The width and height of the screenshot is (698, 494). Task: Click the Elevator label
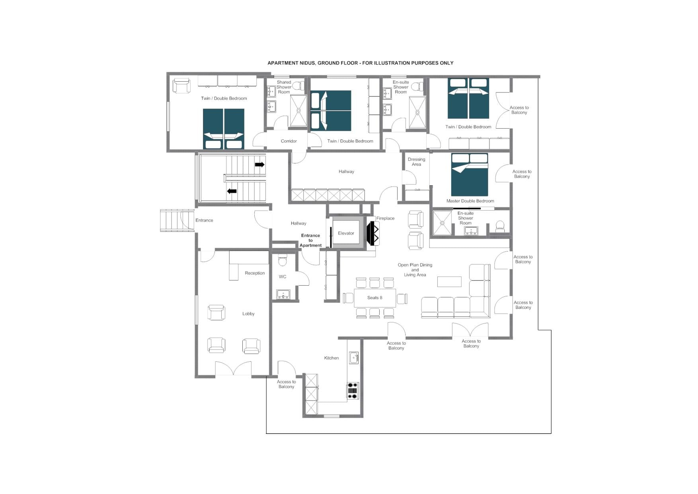(x=346, y=233)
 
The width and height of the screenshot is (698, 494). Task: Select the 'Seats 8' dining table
(x=374, y=298)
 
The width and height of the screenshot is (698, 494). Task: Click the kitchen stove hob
(x=353, y=390)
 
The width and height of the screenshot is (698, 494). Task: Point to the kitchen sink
(x=353, y=358)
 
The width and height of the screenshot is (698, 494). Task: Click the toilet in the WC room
(x=283, y=260)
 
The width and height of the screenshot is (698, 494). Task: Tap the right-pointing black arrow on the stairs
(x=259, y=165)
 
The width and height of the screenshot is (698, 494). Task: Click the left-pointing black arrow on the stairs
(x=232, y=191)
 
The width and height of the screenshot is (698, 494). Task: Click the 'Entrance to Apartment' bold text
(x=310, y=241)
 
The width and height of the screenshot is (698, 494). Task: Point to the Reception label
(x=255, y=273)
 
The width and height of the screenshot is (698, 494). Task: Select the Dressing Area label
(x=416, y=162)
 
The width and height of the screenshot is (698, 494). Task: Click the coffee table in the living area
(x=449, y=282)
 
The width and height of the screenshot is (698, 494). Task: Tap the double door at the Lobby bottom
(x=233, y=369)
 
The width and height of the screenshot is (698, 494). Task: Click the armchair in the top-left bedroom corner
(x=181, y=86)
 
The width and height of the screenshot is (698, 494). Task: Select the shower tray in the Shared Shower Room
(x=298, y=110)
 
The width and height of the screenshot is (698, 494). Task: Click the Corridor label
(x=289, y=141)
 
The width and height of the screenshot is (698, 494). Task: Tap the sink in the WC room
(x=283, y=294)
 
